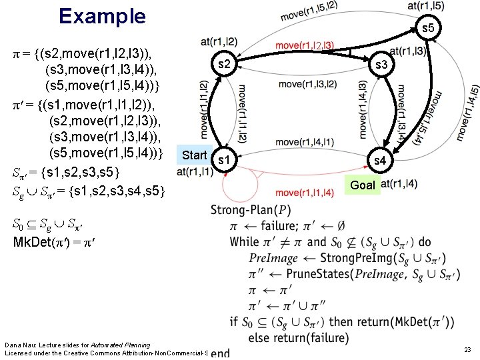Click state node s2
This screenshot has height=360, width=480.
(225, 65)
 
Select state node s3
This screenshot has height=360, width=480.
(382, 65)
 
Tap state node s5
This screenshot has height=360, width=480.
(427, 28)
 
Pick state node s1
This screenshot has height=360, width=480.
(225, 161)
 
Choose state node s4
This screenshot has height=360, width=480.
(379, 161)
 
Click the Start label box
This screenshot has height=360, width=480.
(194, 155)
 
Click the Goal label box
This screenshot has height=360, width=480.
(363, 185)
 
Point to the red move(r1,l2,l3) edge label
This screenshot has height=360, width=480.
(305, 45)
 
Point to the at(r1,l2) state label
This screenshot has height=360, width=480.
(219, 42)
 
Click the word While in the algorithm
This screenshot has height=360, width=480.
(244, 242)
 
